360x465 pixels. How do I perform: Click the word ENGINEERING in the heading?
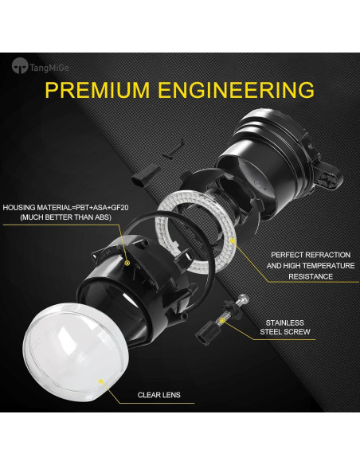(235, 89)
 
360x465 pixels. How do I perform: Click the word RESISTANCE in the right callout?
(311, 276)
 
